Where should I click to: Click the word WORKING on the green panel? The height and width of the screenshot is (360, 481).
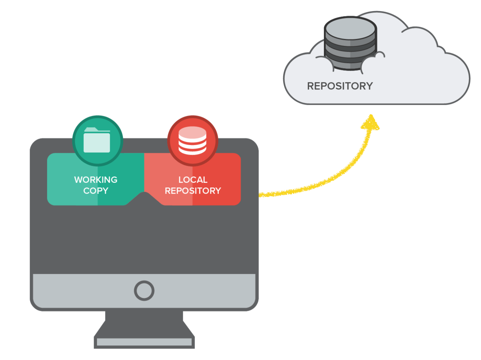(x=95, y=180)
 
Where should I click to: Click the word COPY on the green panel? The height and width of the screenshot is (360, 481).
(x=95, y=191)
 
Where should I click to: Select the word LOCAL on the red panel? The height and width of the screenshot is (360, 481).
(x=193, y=180)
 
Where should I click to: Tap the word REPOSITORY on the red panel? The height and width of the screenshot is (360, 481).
(x=193, y=191)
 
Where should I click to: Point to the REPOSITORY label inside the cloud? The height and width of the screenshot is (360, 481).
(x=340, y=86)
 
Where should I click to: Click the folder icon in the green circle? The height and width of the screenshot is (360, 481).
(x=97, y=140)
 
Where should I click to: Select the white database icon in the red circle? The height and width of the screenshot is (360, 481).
(x=192, y=141)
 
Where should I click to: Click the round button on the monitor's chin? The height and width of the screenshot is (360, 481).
(x=144, y=290)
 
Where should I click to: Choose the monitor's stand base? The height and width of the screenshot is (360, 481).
(x=144, y=342)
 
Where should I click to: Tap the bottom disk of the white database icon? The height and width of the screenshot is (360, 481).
(x=192, y=150)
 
